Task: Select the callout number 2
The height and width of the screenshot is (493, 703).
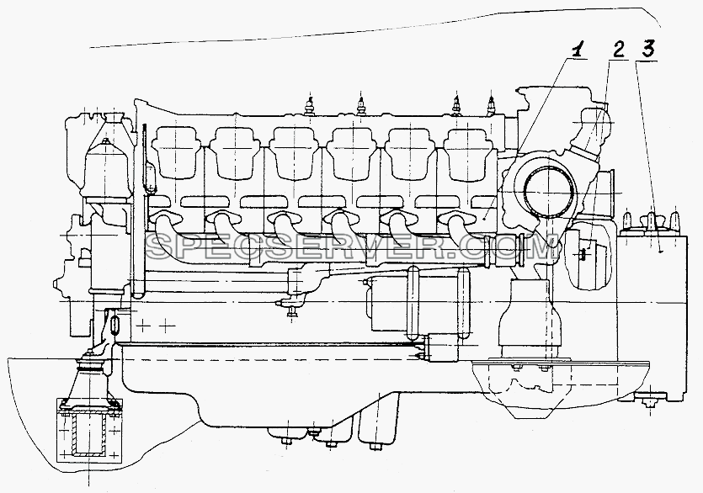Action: pyautogui.click(x=618, y=50)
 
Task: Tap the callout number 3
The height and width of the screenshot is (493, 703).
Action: pyautogui.click(x=647, y=49)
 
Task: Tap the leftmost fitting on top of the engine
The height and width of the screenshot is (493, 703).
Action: pyautogui.click(x=308, y=105)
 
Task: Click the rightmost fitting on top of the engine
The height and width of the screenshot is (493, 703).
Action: pyautogui.click(x=492, y=106)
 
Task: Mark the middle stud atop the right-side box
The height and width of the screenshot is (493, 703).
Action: pyautogui.click(x=651, y=220)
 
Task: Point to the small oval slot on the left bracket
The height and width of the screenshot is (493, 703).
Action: pyautogui.click(x=115, y=324)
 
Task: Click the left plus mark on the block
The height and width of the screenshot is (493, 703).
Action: pyautogui.click(x=143, y=326)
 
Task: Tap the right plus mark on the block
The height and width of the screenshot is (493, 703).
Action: pyautogui.click(x=168, y=326)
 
